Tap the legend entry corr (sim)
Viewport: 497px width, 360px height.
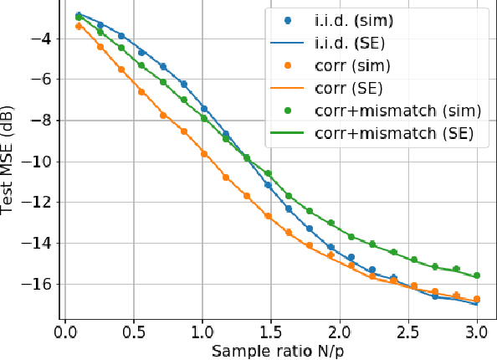click(351, 64)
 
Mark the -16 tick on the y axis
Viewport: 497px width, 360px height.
click(39, 285)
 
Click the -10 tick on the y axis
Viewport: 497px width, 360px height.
click(39, 162)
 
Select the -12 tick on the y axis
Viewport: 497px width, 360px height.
click(39, 203)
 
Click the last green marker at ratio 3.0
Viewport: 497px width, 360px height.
click(476, 275)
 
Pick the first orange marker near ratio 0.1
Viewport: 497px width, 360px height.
click(79, 26)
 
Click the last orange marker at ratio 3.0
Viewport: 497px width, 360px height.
click(476, 299)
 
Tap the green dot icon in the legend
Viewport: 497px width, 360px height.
click(289, 110)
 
